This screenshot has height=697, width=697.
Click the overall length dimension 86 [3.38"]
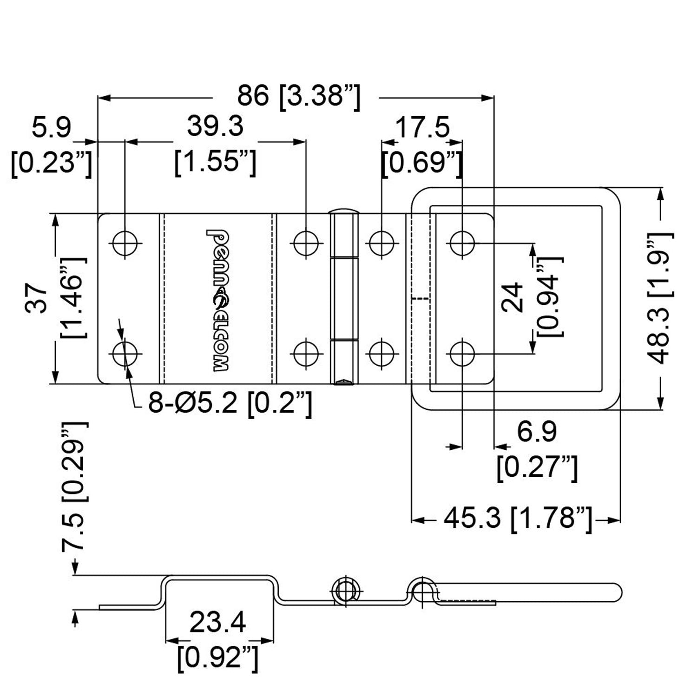[298, 97]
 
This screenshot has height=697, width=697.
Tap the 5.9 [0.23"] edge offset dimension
[52, 145]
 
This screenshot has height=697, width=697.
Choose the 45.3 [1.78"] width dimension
[518, 519]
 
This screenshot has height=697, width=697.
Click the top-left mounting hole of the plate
[125, 243]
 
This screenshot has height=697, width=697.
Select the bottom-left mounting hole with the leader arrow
[125, 354]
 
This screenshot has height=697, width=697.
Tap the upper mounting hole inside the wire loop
[462, 243]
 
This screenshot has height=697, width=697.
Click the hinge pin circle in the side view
[344, 590]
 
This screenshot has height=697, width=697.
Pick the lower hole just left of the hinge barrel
[306, 354]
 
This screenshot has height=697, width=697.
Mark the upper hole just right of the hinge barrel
[381, 243]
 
